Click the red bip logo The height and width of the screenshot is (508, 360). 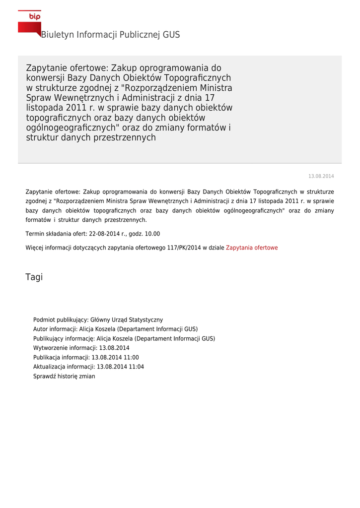click(29, 22)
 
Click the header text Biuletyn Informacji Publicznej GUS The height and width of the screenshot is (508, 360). click(110, 35)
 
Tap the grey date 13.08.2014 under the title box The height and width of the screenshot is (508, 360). click(321, 177)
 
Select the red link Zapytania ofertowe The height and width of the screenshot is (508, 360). click(252, 248)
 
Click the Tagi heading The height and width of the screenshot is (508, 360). click(34, 277)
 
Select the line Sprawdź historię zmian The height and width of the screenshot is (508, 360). click(64, 376)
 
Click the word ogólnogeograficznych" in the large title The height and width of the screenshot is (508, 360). click(74, 128)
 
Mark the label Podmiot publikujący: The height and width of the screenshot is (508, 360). click(61, 320)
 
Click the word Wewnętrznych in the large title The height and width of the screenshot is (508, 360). click(82, 98)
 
